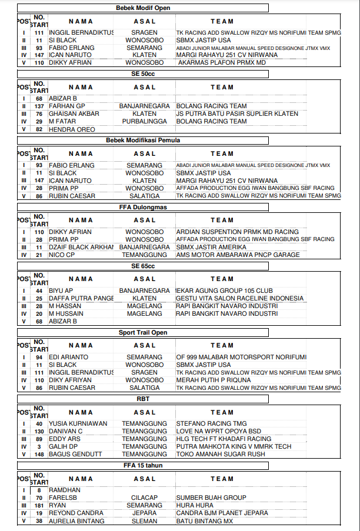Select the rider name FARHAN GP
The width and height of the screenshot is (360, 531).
(x=66, y=106)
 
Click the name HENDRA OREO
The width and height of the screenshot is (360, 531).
(x=72, y=129)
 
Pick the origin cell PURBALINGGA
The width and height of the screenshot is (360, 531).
(x=145, y=122)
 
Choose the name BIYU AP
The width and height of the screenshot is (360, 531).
(x=61, y=290)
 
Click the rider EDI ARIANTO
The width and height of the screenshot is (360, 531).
(x=69, y=357)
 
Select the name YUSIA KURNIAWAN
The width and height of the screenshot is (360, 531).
(x=78, y=423)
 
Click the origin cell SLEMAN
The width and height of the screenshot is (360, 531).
(x=145, y=521)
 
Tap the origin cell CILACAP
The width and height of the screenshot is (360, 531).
(x=145, y=497)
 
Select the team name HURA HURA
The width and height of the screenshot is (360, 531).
(x=195, y=505)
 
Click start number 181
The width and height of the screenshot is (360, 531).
(x=39, y=505)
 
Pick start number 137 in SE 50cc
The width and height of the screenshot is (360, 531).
(x=39, y=106)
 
